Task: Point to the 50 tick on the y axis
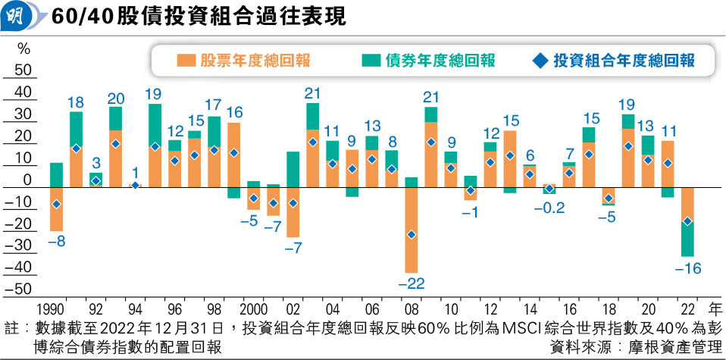pos(23,70)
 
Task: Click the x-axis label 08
pos(411,309)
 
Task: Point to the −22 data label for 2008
pos(412,283)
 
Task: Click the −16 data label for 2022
pos(687,268)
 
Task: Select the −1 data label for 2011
pos(471,212)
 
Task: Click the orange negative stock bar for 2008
pos(412,243)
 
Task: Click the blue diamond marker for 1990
pos(56,205)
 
